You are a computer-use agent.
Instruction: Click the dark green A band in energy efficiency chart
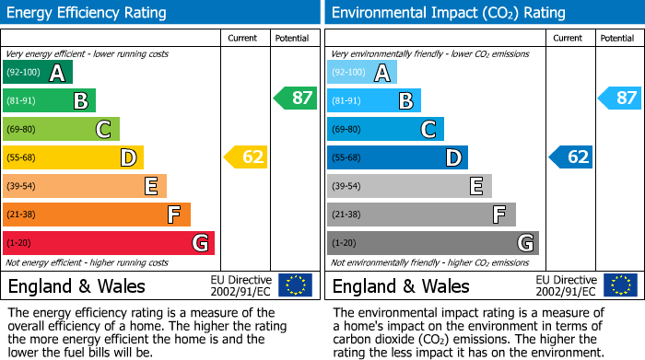(x=37, y=73)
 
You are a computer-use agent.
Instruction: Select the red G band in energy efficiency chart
(x=108, y=243)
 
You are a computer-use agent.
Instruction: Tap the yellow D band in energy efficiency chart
(x=72, y=157)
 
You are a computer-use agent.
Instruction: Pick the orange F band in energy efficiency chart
(x=96, y=215)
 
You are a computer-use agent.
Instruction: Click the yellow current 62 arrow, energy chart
(x=246, y=157)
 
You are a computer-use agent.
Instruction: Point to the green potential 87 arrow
(x=296, y=98)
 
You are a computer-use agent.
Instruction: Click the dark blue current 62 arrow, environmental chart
(x=571, y=157)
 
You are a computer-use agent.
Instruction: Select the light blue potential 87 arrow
(x=620, y=98)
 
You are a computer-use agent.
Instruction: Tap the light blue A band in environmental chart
(x=361, y=73)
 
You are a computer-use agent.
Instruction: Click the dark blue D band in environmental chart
(x=396, y=157)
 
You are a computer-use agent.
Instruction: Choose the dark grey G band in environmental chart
(x=432, y=243)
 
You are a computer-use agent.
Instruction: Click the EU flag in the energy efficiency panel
(x=296, y=285)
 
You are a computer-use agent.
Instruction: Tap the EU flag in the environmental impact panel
(x=620, y=285)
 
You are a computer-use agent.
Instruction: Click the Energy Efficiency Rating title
(x=88, y=13)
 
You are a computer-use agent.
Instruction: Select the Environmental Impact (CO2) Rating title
(x=448, y=13)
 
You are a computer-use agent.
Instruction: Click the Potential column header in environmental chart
(x=617, y=38)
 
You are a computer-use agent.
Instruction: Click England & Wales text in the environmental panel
(x=401, y=285)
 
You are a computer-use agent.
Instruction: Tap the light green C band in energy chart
(x=61, y=129)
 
